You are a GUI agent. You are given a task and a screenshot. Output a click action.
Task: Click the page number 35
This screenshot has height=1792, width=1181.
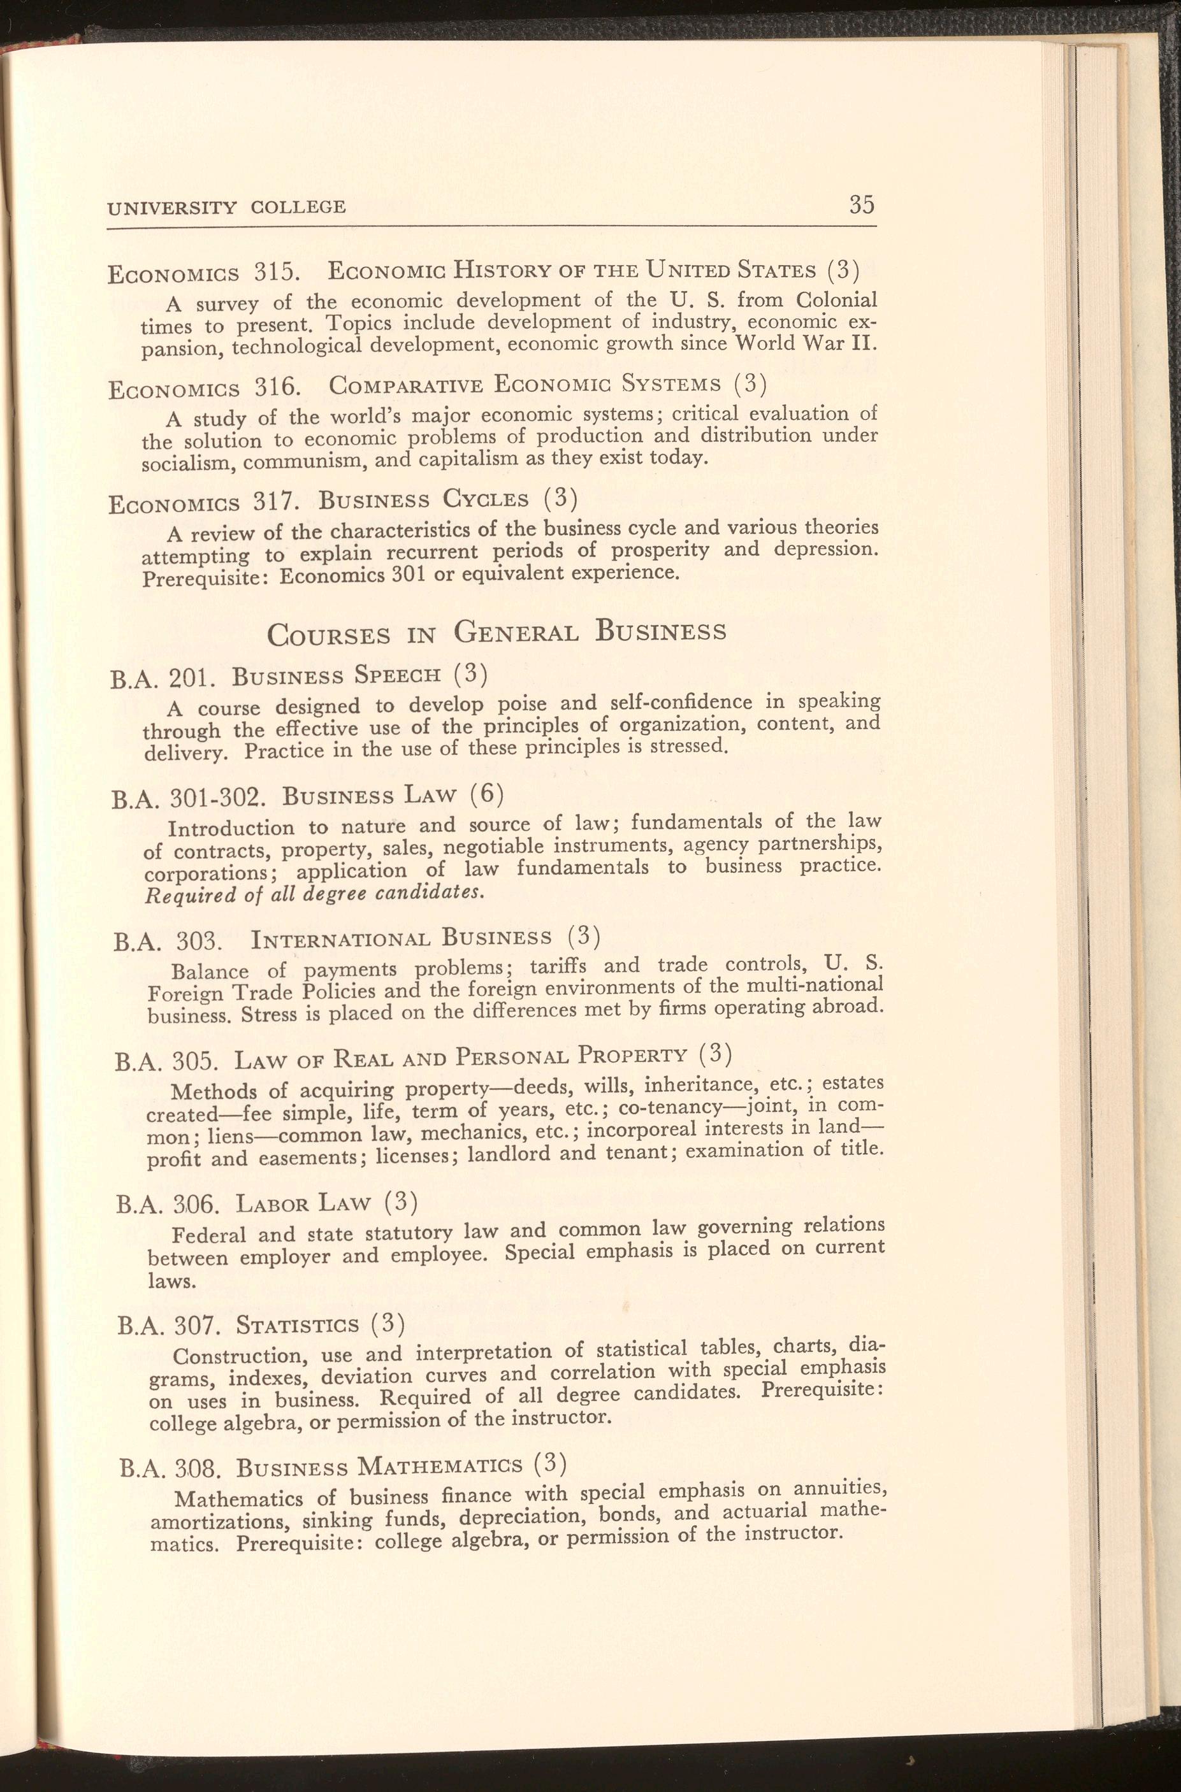[x=861, y=204]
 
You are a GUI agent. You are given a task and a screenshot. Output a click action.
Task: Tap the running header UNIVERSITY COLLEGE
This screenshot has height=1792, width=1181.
[x=227, y=207]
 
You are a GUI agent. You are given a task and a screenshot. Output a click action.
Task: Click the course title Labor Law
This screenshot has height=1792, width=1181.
[x=303, y=1203]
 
